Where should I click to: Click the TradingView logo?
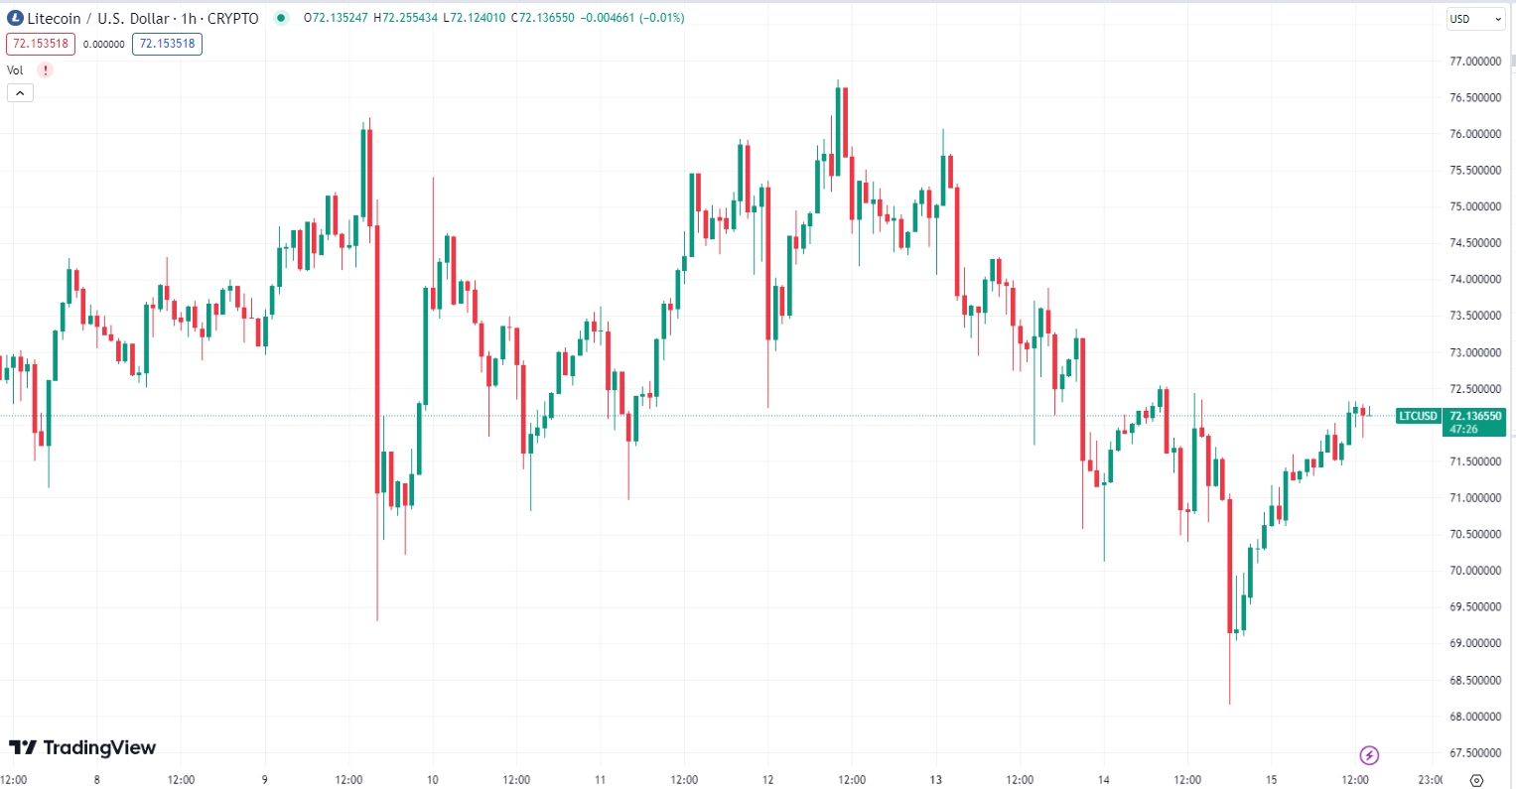[x=82, y=747]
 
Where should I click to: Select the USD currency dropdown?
[x=1475, y=19]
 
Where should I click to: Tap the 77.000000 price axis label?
[x=1474, y=62]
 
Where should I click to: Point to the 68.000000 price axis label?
[x=1474, y=717]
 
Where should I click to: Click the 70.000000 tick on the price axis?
[x=1474, y=571]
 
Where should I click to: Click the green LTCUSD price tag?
[x=1418, y=416]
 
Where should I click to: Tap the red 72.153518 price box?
[x=41, y=44]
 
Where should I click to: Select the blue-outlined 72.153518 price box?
[x=167, y=44]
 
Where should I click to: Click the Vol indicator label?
[x=15, y=70]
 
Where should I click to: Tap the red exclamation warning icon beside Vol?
[x=45, y=70]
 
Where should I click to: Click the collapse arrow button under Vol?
[x=20, y=93]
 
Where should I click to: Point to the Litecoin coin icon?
[x=15, y=18]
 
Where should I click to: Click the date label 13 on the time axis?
[x=936, y=779]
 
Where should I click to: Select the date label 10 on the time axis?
[x=433, y=779]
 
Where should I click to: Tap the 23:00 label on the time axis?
[x=1430, y=779]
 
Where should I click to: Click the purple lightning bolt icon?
[x=1369, y=755]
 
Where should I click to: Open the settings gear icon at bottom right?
[x=1476, y=780]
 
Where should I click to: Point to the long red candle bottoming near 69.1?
[x=1230, y=566]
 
